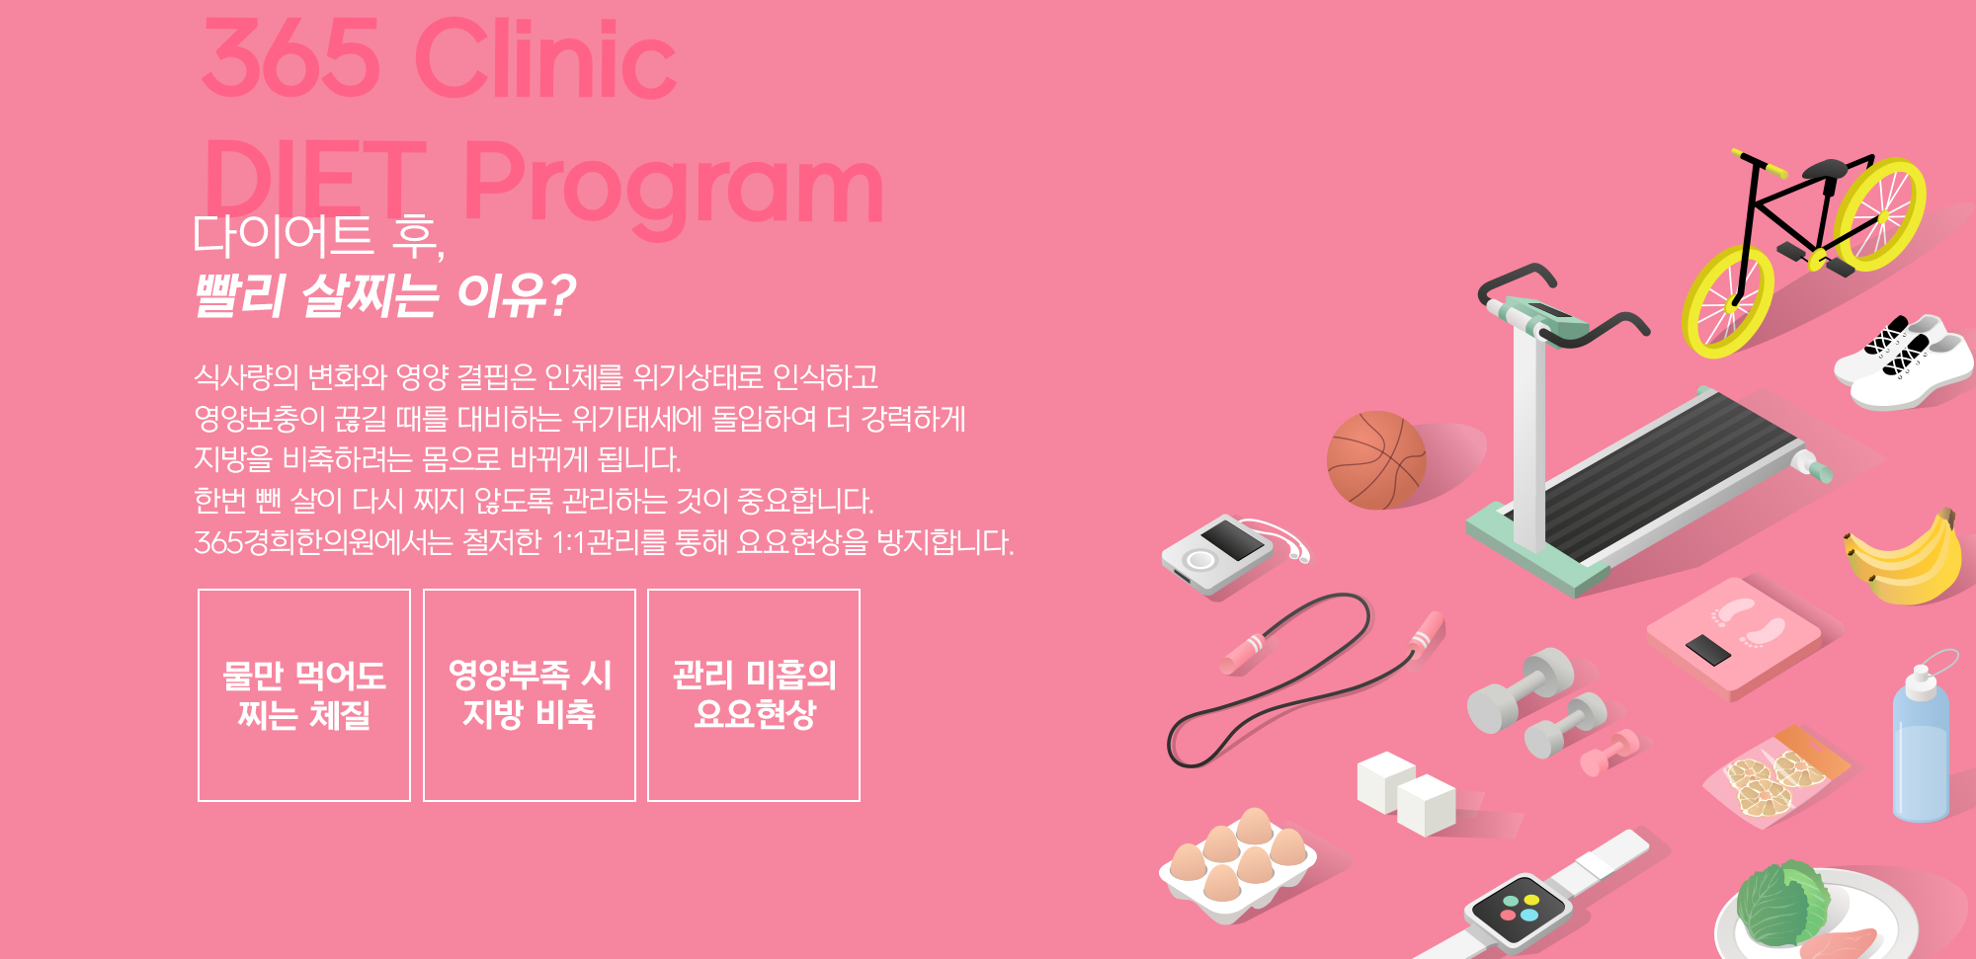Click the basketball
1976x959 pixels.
pyautogui.click(x=1376, y=460)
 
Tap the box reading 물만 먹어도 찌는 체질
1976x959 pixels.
pyautogui.click(x=304, y=695)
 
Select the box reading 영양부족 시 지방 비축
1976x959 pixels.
pyautogui.click(x=530, y=695)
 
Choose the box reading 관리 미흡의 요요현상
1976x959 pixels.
pyautogui.click(x=754, y=695)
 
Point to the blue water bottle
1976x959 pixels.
pyautogui.click(x=1922, y=746)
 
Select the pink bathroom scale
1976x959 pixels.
pyautogui.click(x=1735, y=638)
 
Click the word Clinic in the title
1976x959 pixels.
pyautogui.click(x=546, y=59)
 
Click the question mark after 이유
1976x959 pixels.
pyautogui.click(x=560, y=295)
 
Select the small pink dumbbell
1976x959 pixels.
pyautogui.click(x=1609, y=752)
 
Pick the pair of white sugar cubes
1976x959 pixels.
pyautogui.click(x=1406, y=792)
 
